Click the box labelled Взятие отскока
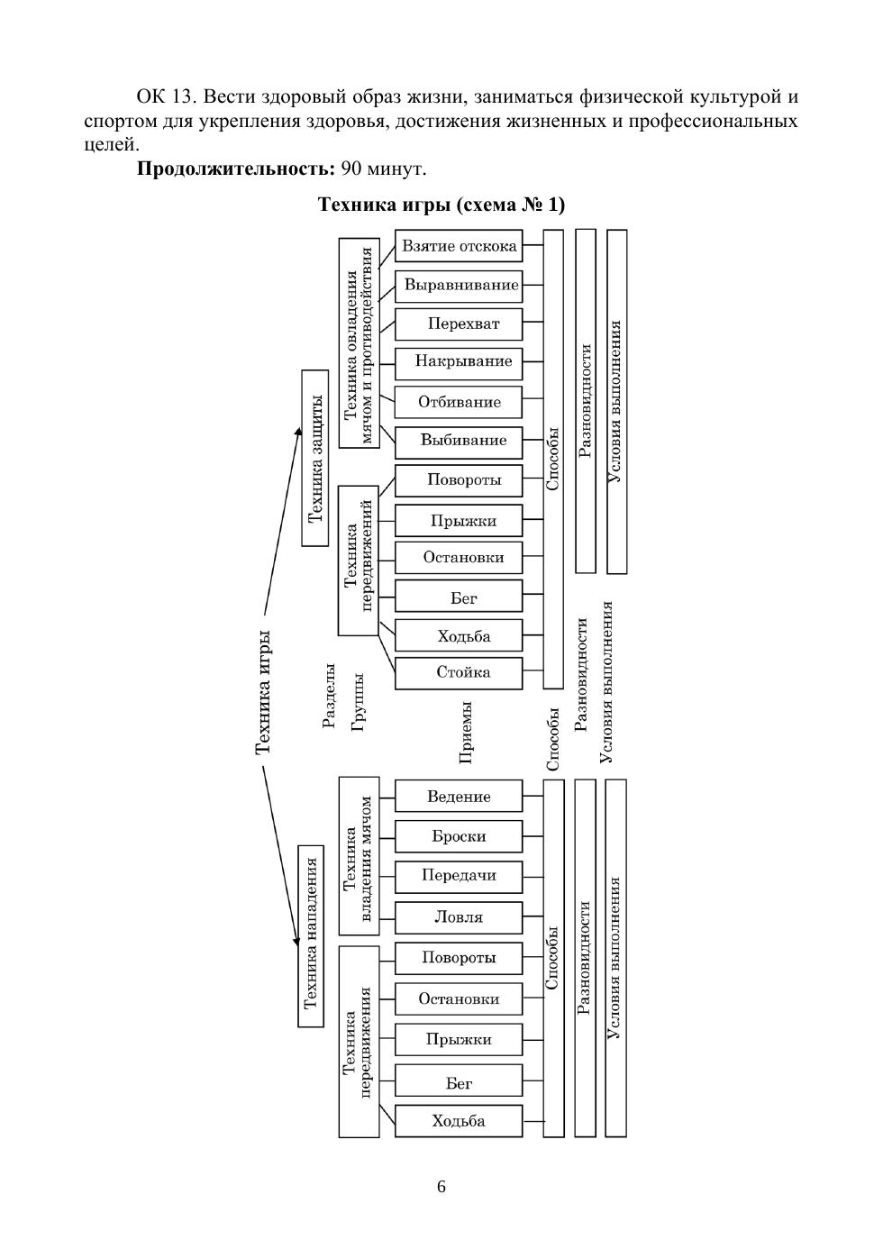[459, 246]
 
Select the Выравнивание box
[459, 286]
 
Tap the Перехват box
[459, 324]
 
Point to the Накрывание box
[459, 361]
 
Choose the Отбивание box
[459, 402]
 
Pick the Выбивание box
[459, 441]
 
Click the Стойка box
[459, 672]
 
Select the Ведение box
[459, 797]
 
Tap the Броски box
[459, 836]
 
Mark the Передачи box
[459, 875]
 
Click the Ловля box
[459, 917]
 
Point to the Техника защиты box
[315, 458]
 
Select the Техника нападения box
[311, 935]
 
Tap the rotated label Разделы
[329, 695]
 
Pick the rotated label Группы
[358, 700]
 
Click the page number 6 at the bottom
[441, 1187]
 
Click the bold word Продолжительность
[236, 169]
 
